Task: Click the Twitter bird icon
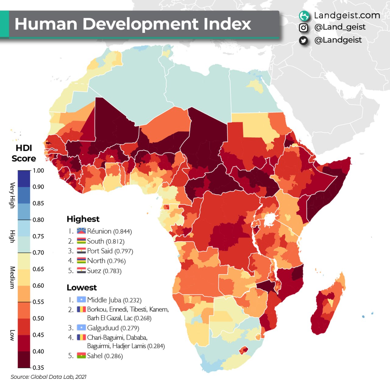(303, 41)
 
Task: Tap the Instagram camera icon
(303, 28)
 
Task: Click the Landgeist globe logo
(304, 16)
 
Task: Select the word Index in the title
(227, 24)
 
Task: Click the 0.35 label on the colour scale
(38, 367)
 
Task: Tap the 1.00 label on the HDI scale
(38, 170)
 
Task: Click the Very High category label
(12, 195)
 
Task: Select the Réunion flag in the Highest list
(81, 231)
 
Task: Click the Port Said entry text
(110, 251)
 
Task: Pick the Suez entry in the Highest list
(104, 271)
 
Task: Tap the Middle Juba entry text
(114, 300)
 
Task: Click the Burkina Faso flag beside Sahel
(81, 356)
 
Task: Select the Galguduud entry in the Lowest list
(113, 328)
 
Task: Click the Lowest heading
(82, 287)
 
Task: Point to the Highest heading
(83, 219)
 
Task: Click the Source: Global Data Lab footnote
(48, 377)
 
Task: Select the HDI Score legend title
(24, 153)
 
